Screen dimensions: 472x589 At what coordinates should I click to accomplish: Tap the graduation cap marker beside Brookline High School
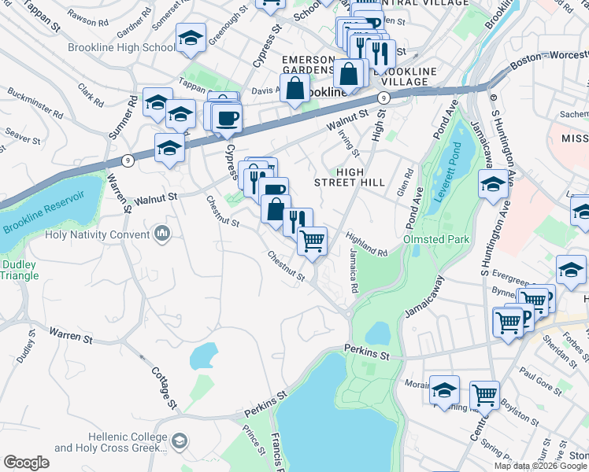(x=191, y=39)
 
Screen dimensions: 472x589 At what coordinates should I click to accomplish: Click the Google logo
(x=26, y=463)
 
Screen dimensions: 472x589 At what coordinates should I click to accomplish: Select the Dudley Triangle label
(x=20, y=270)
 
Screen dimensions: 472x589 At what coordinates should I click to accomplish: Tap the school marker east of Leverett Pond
(x=493, y=185)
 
